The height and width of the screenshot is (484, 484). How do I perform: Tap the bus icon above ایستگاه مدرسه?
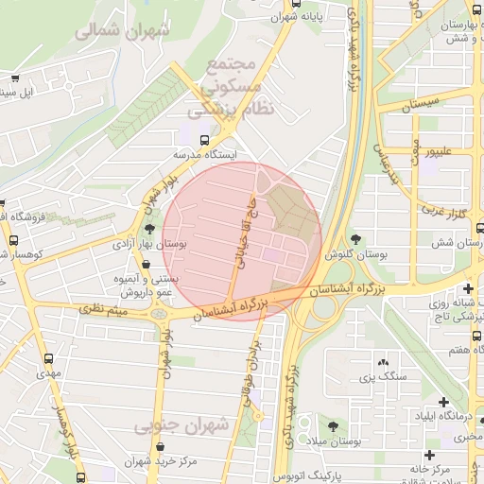click(180, 139)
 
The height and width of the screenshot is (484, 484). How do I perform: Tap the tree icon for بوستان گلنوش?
click(356, 240)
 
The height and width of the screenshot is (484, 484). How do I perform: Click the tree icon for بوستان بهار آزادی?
click(149, 229)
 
